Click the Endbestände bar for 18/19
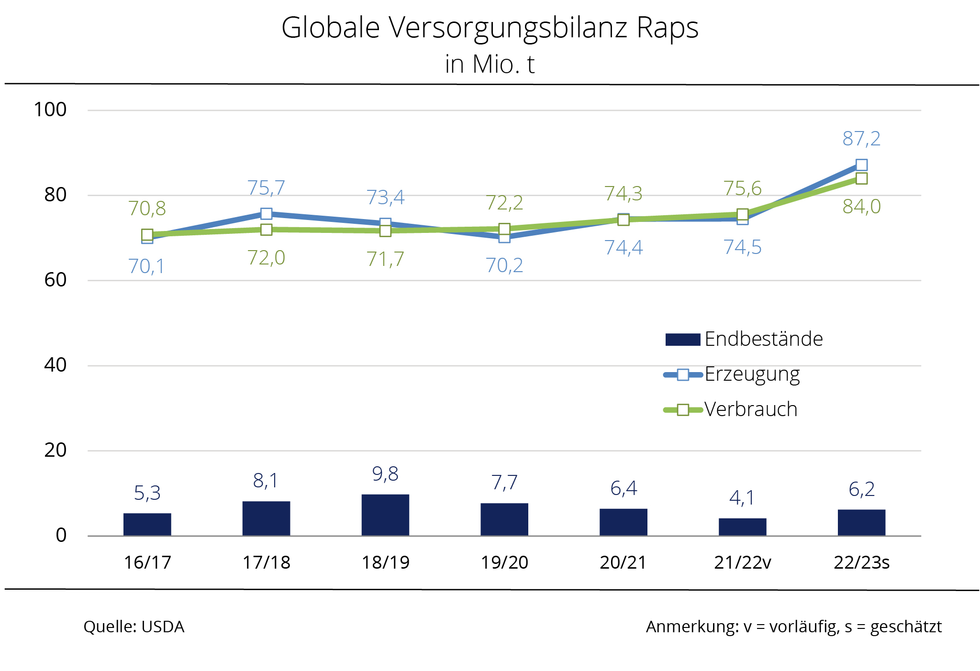coord(385,515)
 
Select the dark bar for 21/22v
coord(742,527)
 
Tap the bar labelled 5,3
coord(147,524)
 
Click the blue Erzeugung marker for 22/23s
coord(861,165)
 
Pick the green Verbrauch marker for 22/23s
coord(861,179)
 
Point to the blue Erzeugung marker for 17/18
coord(267,213)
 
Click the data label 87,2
coord(861,139)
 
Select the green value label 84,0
coord(861,207)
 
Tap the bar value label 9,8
coord(385,474)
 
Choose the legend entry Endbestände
coord(763,339)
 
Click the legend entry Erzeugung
coord(752,374)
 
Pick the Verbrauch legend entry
coord(750,409)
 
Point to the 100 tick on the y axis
coord(50,110)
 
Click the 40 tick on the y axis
coord(55,365)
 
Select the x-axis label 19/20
coord(504,562)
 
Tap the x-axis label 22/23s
coord(861,562)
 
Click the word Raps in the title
coord(667,28)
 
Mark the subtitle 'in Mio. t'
coord(490,64)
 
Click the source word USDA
coord(163,627)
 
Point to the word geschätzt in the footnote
coord(906,627)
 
